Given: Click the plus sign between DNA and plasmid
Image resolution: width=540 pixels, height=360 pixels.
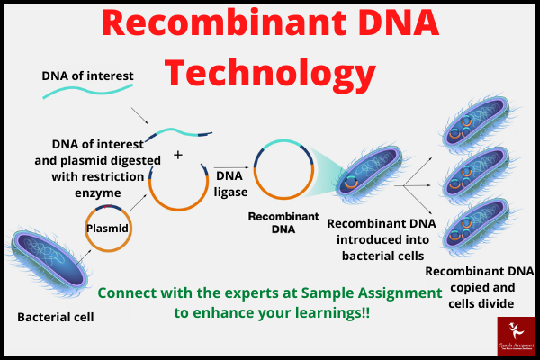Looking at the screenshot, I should tap(177, 155).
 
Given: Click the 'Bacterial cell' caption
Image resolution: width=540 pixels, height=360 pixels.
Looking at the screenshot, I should tap(56, 318).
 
